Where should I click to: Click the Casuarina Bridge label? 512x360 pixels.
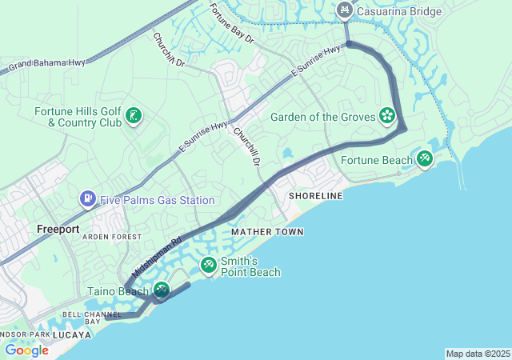(x=399, y=10)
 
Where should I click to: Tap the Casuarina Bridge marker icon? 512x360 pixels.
(x=345, y=10)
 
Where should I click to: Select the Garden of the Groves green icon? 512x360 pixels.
(x=387, y=117)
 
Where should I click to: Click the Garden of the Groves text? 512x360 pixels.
(x=322, y=117)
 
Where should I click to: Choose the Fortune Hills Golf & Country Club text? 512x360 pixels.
(x=78, y=117)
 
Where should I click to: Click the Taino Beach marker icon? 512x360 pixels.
(x=162, y=291)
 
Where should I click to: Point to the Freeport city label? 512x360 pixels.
(x=58, y=229)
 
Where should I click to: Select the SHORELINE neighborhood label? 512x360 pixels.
(x=315, y=196)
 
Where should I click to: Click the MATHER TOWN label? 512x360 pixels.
(x=267, y=232)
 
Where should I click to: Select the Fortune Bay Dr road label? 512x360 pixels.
(x=231, y=23)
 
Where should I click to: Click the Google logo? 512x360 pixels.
(x=26, y=350)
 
